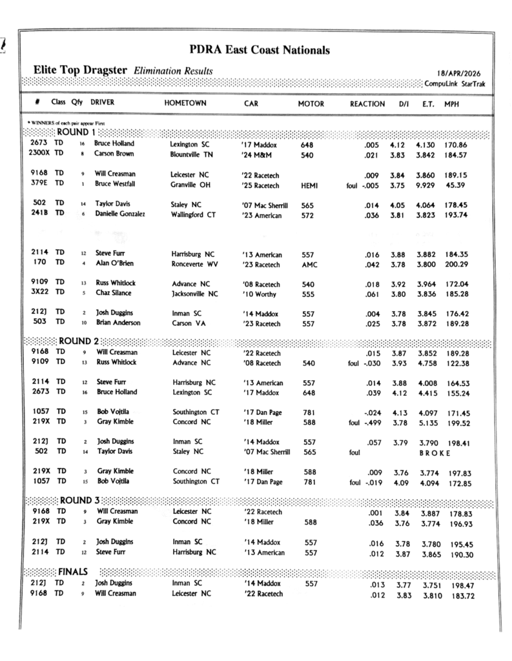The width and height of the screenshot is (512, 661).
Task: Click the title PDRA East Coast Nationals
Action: (x=260, y=49)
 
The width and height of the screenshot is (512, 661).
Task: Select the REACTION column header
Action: (x=367, y=103)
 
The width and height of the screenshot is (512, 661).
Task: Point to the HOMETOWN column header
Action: (x=185, y=103)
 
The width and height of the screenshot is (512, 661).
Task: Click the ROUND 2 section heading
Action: (x=79, y=341)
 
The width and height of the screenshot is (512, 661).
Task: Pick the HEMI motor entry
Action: (x=310, y=186)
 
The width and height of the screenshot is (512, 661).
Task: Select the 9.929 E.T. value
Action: (x=427, y=186)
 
